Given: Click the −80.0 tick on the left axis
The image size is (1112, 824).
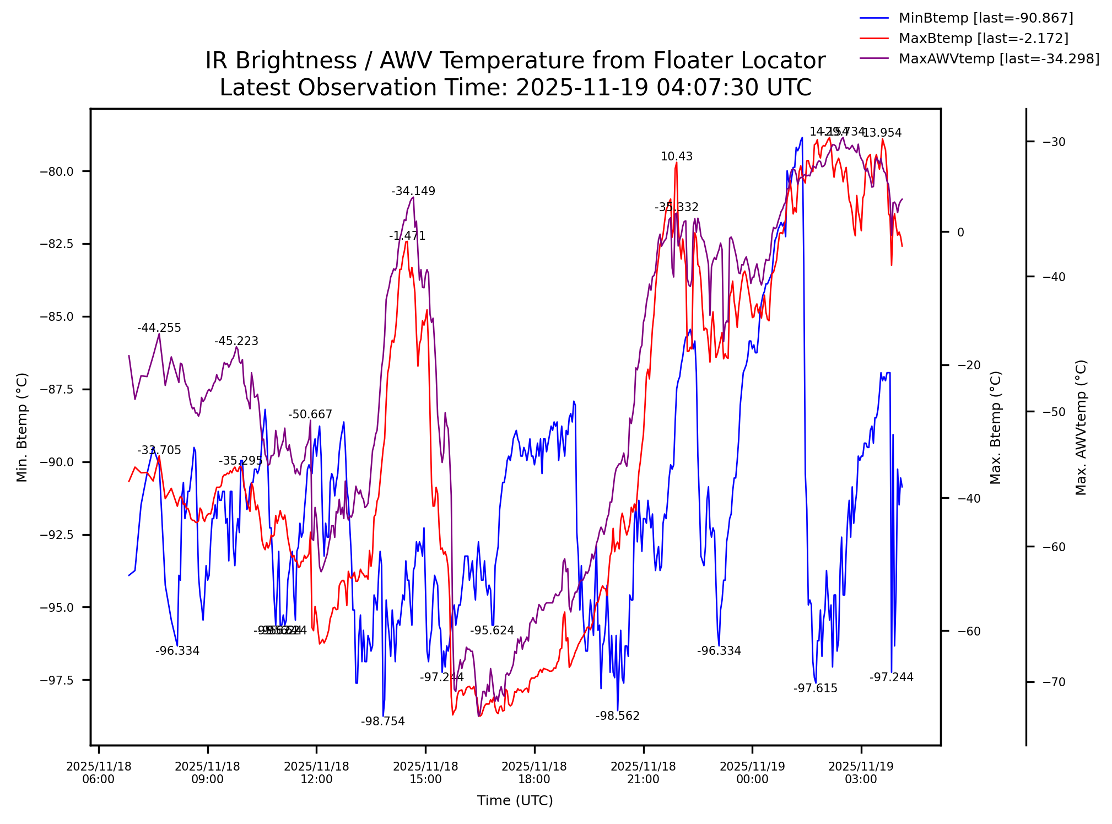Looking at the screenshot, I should point(57,171).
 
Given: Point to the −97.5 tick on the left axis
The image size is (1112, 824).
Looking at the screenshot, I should point(57,680).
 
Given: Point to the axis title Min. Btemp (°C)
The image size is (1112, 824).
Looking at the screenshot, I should point(21,428).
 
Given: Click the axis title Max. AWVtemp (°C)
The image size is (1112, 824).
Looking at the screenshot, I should point(1081,428).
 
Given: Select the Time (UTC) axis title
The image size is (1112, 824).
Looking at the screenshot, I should point(515,801).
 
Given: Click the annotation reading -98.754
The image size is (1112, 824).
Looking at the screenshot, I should point(383,721).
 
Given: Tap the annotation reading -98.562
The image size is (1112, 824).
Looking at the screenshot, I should point(617,716).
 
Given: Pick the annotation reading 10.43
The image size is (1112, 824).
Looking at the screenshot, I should point(677,157).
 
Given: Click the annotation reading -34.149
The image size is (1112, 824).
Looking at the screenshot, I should point(413,191).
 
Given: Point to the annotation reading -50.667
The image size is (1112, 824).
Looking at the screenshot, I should point(310,414).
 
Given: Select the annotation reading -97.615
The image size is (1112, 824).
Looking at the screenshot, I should point(816,688).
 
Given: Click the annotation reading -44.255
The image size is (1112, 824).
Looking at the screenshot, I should point(159,328).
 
